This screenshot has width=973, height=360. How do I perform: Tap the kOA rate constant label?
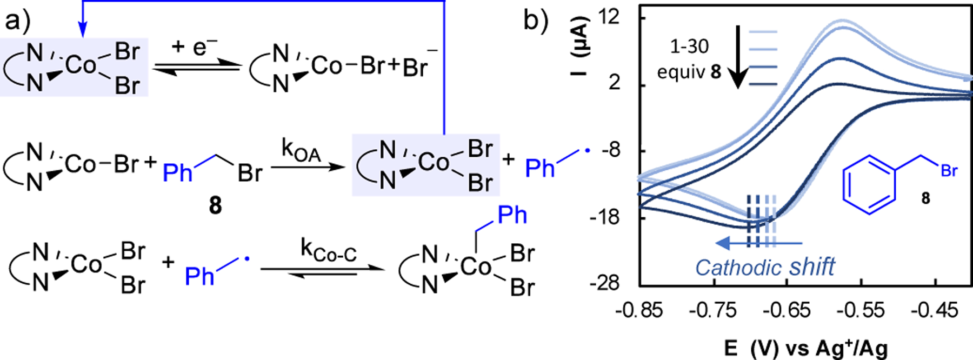pyautogui.click(x=301, y=151)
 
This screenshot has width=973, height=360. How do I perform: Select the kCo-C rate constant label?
pyautogui.click(x=329, y=251)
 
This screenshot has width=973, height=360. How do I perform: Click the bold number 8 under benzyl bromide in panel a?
pyautogui.click(x=215, y=205)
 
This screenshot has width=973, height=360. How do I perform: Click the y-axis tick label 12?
pyautogui.click(x=609, y=18)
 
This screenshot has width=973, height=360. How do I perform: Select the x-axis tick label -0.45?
pyautogui.click(x=935, y=310)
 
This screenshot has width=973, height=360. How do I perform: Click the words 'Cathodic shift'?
pyautogui.click(x=765, y=268)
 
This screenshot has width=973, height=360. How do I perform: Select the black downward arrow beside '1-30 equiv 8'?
pyautogui.click(x=737, y=57)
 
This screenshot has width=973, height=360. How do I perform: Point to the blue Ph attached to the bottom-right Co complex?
pyautogui.click(x=512, y=215)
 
